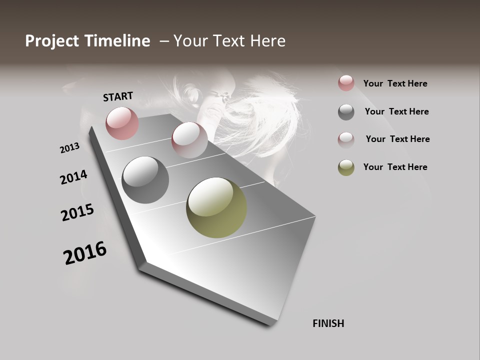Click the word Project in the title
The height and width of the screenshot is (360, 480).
[x=51, y=41]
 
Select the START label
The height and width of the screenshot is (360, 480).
[x=118, y=96]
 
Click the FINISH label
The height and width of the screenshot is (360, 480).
[x=328, y=323]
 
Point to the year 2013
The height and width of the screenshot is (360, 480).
[x=69, y=148]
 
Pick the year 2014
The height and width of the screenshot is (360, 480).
[x=73, y=177]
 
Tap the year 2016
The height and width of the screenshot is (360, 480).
[x=85, y=253]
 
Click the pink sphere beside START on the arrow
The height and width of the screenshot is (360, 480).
[x=122, y=123]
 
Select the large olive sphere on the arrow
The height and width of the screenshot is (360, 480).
[x=216, y=207]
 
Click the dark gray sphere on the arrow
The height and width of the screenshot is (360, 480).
[x=145, y=180]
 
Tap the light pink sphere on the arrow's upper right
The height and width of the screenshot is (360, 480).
[x=189, y=139]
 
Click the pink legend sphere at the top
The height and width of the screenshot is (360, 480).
[x=346, y=83]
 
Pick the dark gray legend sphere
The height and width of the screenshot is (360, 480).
[x=346, y=112]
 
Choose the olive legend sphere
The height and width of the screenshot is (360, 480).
[x=346, y=167]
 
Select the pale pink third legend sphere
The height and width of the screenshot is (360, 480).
[x=346, y=139]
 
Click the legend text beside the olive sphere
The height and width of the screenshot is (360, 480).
[x=395, y=167]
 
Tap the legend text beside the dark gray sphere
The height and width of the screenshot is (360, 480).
[x=396, y=111]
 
